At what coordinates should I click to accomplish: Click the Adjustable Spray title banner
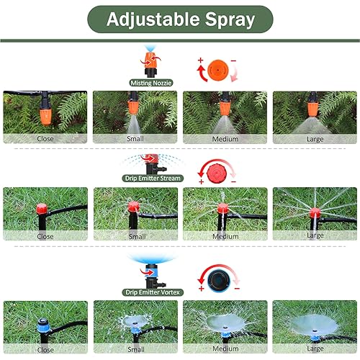click(x=180, y=19)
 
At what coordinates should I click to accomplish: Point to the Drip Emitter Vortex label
click(x=151, y=291)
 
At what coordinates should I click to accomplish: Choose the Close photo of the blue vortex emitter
click(x=45, y=320)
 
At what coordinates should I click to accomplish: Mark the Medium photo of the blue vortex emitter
click(x=225, y=320)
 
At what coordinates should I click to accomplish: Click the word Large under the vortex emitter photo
click(x=315, y=349)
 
